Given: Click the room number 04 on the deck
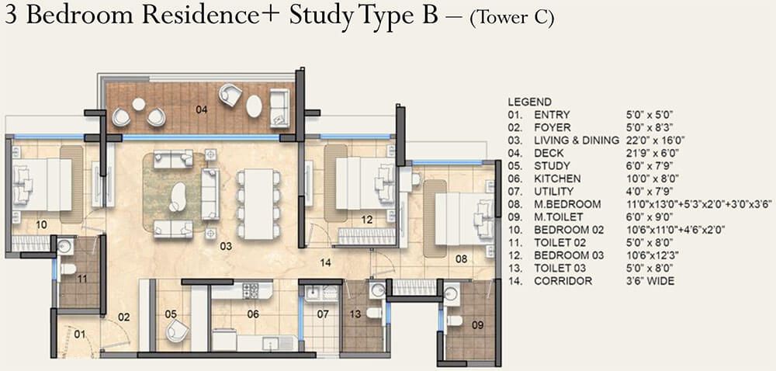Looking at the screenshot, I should [x=202, y=109].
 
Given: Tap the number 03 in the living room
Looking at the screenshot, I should [x=226, y=246].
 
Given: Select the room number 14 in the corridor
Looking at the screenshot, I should [x=326, y=263].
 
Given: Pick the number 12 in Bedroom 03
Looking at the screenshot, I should [x=367, y=220].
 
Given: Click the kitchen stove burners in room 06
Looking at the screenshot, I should [x=251, y=291].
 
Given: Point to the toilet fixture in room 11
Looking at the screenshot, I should [x=68, y=269].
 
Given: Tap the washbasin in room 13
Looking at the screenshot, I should [x=377, y=291].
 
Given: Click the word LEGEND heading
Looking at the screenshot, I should [x=529, y=102].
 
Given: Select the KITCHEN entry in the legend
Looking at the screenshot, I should [x=557, y=179].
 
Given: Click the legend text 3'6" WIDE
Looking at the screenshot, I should [x=650, y=281].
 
